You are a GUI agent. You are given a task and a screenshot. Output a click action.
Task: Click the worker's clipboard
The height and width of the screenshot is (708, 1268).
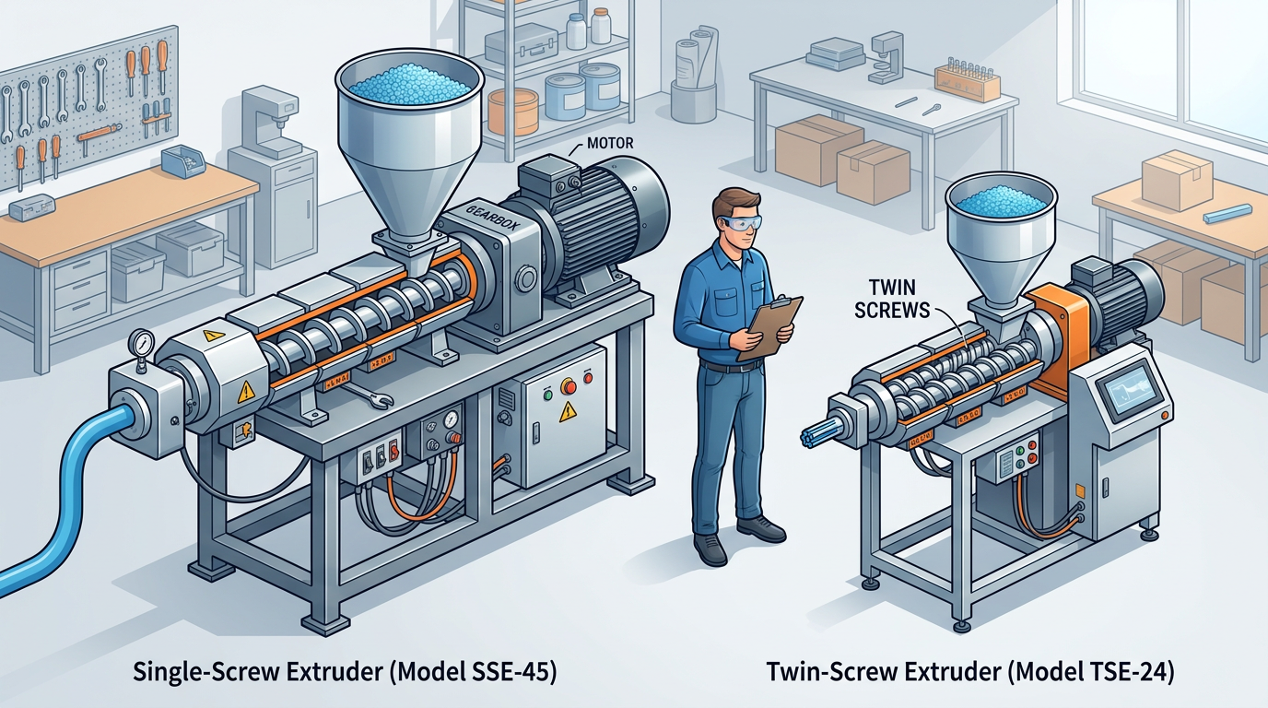pyautogui.click(x=769, y=326)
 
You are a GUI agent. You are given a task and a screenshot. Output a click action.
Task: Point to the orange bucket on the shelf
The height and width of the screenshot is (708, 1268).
pyautogui.click(x=512, y=112)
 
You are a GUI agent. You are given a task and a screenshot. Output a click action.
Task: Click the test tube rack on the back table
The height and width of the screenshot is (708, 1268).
pyautogui.click(x=967, y=80)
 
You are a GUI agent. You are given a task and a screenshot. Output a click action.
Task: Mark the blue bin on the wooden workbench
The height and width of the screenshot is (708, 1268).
pyautogui.click(x=182, y=162)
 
